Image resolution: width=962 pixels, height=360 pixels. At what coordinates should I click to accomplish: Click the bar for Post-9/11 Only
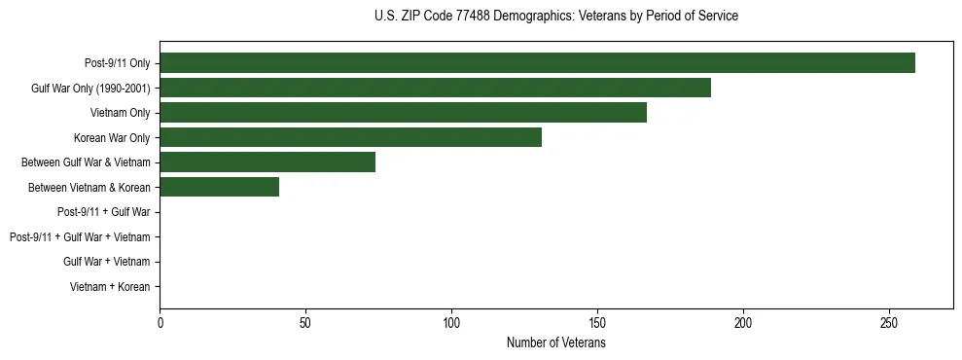click(537, 63)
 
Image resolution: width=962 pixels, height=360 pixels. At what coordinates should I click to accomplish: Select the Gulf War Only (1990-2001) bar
click(435, 88)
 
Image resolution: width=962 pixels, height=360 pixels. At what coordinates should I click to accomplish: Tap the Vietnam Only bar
click(403, 113)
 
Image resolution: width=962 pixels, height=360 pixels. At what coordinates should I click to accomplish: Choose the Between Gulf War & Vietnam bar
click(267, 162)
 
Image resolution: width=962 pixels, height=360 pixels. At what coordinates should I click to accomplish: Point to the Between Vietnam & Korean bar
click(219, 187)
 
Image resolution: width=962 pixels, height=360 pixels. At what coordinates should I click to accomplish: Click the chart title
click(555, 17)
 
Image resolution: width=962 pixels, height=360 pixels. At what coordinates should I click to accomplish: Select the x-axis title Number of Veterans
click(555, 342)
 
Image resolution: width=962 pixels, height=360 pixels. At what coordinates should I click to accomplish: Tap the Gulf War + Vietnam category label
click(107, 262)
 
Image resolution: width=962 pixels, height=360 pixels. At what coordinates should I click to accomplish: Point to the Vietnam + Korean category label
click(110, 287)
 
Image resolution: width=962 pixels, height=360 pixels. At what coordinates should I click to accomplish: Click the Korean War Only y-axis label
click(112, 138)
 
